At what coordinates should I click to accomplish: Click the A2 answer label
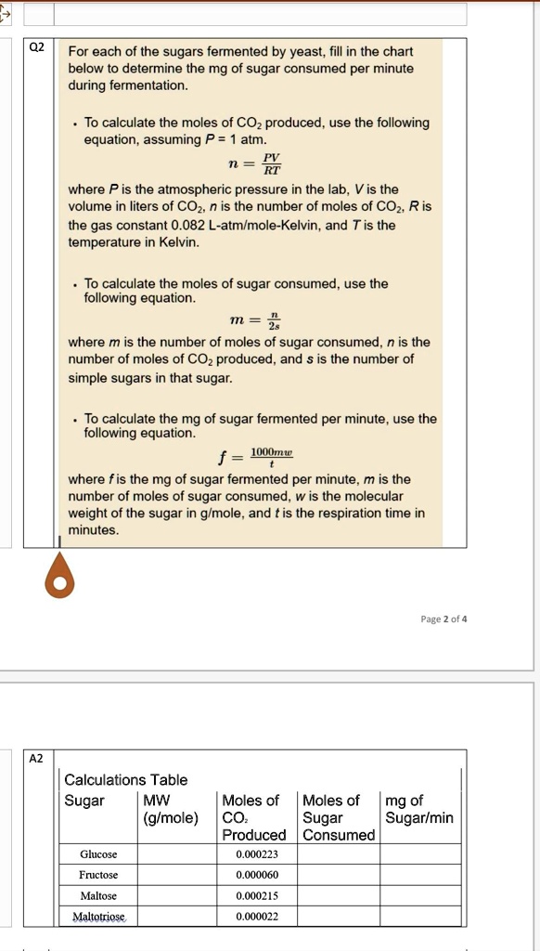pyautogui.click(x=36, y=758)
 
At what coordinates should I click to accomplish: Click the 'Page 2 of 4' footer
pyautogui.click(x=445, y=619)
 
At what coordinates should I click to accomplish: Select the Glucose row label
pyautogui.click(x=98, y=854)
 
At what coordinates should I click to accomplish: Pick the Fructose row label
pyautogui.click(x=98, y=875)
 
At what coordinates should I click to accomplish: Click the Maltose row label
pyautogui.click(x=98, y=896)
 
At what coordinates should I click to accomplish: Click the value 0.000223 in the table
pyautogui.click(x=257, y=854)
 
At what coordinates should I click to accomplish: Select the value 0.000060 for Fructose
pyautogui.click(x=257, y=875)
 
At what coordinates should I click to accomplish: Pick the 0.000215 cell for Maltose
pyautogui.click(x=257, y=896)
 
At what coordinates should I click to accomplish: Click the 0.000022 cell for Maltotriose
pyautogui.click(x=257, y=917)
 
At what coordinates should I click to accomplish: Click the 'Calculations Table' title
pyautogui.click(x=125, y=780)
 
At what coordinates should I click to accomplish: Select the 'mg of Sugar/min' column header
pyautogui.click(x=418, y=809)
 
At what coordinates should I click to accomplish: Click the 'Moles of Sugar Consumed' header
pyautogui.click(x=338, y=817)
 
